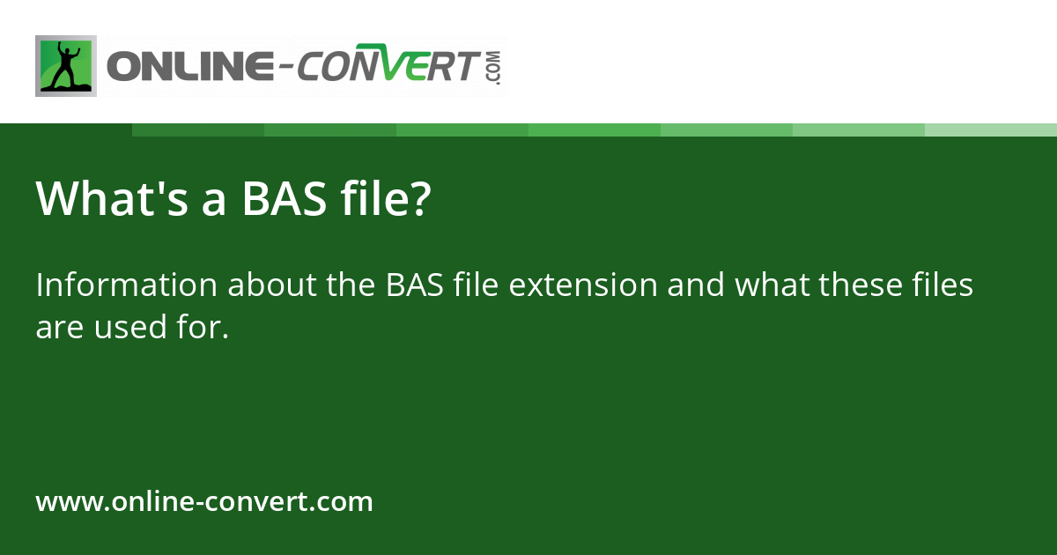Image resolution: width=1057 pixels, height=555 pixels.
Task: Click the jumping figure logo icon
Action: coord(66,66)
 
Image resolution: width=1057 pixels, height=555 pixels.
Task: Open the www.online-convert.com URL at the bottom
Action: coord(204,502)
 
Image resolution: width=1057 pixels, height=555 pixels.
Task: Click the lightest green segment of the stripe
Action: coord(990,129)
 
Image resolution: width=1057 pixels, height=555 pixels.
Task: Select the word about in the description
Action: coord(257,285)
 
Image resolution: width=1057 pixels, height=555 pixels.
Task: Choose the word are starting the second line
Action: coord(55,328)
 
